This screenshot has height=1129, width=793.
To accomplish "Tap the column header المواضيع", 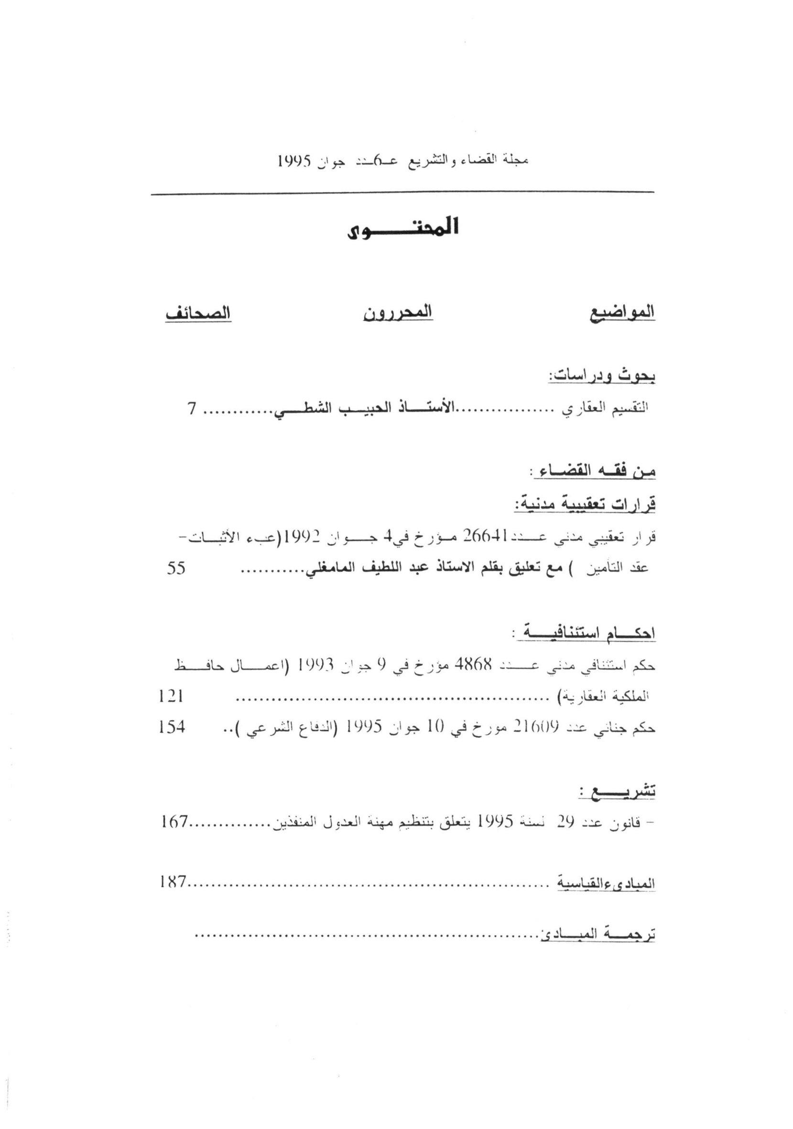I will (622, 313).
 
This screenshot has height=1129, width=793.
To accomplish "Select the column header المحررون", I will (398, 313).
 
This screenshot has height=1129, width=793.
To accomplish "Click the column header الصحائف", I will (197, 313).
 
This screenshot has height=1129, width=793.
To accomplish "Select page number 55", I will (175, 568).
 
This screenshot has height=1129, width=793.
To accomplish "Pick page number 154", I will (172, 727).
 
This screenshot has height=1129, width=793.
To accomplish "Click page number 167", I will (174, 821).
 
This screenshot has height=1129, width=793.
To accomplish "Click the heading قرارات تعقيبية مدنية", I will (585, 504).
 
